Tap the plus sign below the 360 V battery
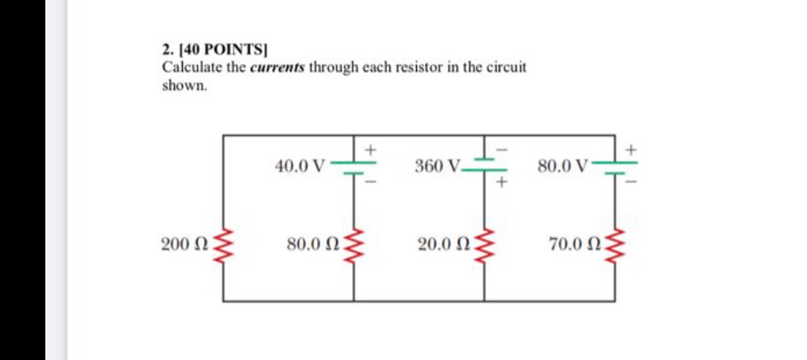(501, 184)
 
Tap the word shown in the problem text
(183, 84)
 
